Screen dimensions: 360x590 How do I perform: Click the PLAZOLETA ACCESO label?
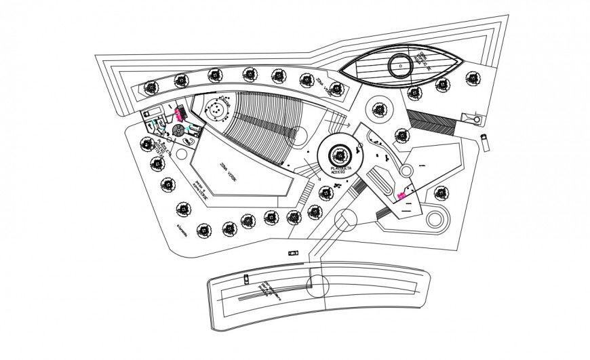point(338,170)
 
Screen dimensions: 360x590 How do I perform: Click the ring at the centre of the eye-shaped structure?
point(398,66)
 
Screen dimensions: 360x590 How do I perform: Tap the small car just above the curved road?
point(293,252)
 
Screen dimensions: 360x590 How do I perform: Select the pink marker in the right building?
point(401,195)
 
